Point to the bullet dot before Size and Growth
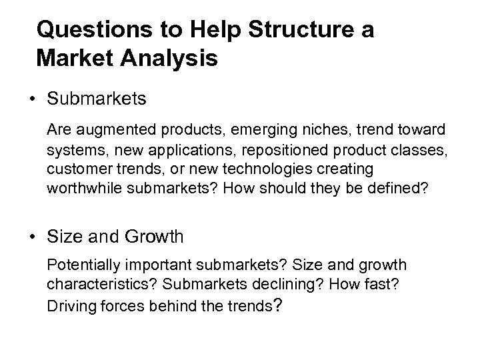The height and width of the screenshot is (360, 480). pyautogui.click(x=32, y=236)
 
